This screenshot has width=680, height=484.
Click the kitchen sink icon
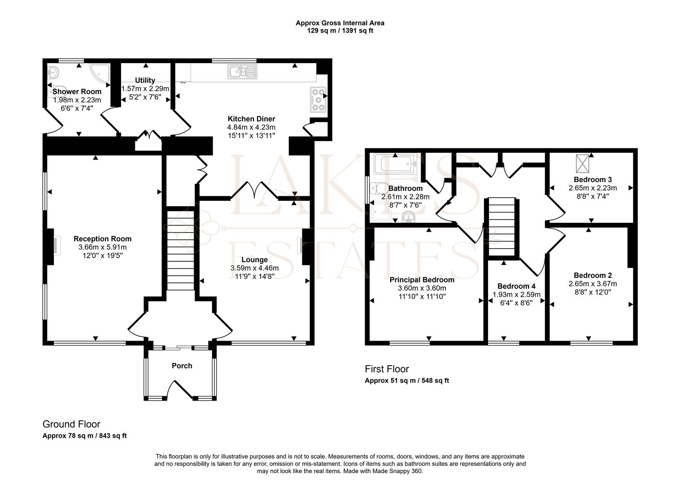(242, 72)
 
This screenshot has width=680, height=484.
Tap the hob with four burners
(318, 100)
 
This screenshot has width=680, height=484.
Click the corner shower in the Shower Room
(100, 74)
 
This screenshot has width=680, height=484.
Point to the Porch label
(182, 366)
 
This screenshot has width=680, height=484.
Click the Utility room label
(145, 80)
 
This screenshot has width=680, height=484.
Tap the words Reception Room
(102, 239)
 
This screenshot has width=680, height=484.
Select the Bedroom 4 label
(516, 286)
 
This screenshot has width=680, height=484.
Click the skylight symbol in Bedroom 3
(582, 164)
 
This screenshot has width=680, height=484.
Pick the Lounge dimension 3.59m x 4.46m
(254, 268)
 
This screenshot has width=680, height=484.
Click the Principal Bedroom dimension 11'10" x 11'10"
(422, 296)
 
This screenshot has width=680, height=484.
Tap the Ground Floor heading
(71, 424)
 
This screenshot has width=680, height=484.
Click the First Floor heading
(387, 369)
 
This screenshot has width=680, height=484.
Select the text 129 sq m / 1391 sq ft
(340, 30)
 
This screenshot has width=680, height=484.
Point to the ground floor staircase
(181, 251)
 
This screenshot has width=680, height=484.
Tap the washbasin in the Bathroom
(409, 217)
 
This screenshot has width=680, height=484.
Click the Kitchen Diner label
(251, 119)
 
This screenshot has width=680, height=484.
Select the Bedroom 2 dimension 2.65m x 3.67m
(593, 284)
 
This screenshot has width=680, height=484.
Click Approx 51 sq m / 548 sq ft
(407, 380)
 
